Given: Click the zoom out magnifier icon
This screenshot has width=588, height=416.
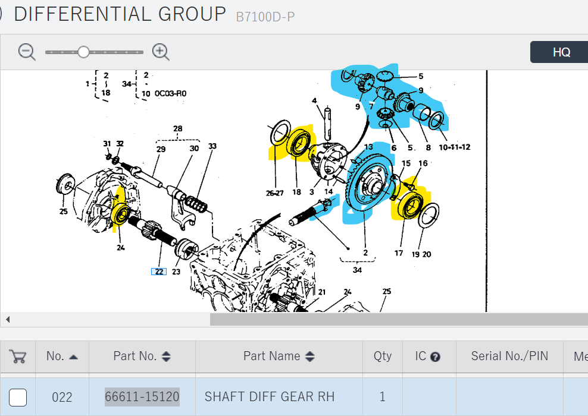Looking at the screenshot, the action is click(x=27, y=52).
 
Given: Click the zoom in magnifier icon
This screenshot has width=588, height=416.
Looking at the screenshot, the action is click(x=161, y=52).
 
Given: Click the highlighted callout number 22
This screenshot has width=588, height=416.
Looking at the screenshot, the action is click(x=159, y=272).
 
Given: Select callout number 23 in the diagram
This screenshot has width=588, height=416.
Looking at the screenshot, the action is click(x=176, y=272).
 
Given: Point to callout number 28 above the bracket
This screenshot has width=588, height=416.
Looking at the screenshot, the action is click(x=178, y=128).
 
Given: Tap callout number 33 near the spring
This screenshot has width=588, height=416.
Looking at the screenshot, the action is click(x=212, y=146).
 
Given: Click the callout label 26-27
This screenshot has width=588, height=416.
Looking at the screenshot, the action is click(x=275, y=193).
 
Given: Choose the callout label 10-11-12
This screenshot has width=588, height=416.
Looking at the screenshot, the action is click(x=455, y=147).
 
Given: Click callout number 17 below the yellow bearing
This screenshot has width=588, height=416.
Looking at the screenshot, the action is click(x=399, y=253).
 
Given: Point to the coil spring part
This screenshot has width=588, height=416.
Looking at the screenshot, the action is click(x=195, y=204).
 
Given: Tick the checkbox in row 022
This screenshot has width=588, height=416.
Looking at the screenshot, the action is click(x=18, y=397).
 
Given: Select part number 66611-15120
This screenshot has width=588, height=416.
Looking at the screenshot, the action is click(x=142, y=396).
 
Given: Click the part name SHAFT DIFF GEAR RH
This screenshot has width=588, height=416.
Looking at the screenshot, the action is click(x=269, y=396).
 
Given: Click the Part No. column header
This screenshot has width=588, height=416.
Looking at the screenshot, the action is click(x=142, y=356).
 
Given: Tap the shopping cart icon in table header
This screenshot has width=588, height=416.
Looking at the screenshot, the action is click(x=18, y=357).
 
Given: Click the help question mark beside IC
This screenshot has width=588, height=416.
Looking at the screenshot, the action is click(x=435, y=357).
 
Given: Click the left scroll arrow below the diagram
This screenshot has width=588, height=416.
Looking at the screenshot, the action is click(x=8, y=319).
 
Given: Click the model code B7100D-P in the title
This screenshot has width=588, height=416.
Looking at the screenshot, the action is click(x=265, y=17).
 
